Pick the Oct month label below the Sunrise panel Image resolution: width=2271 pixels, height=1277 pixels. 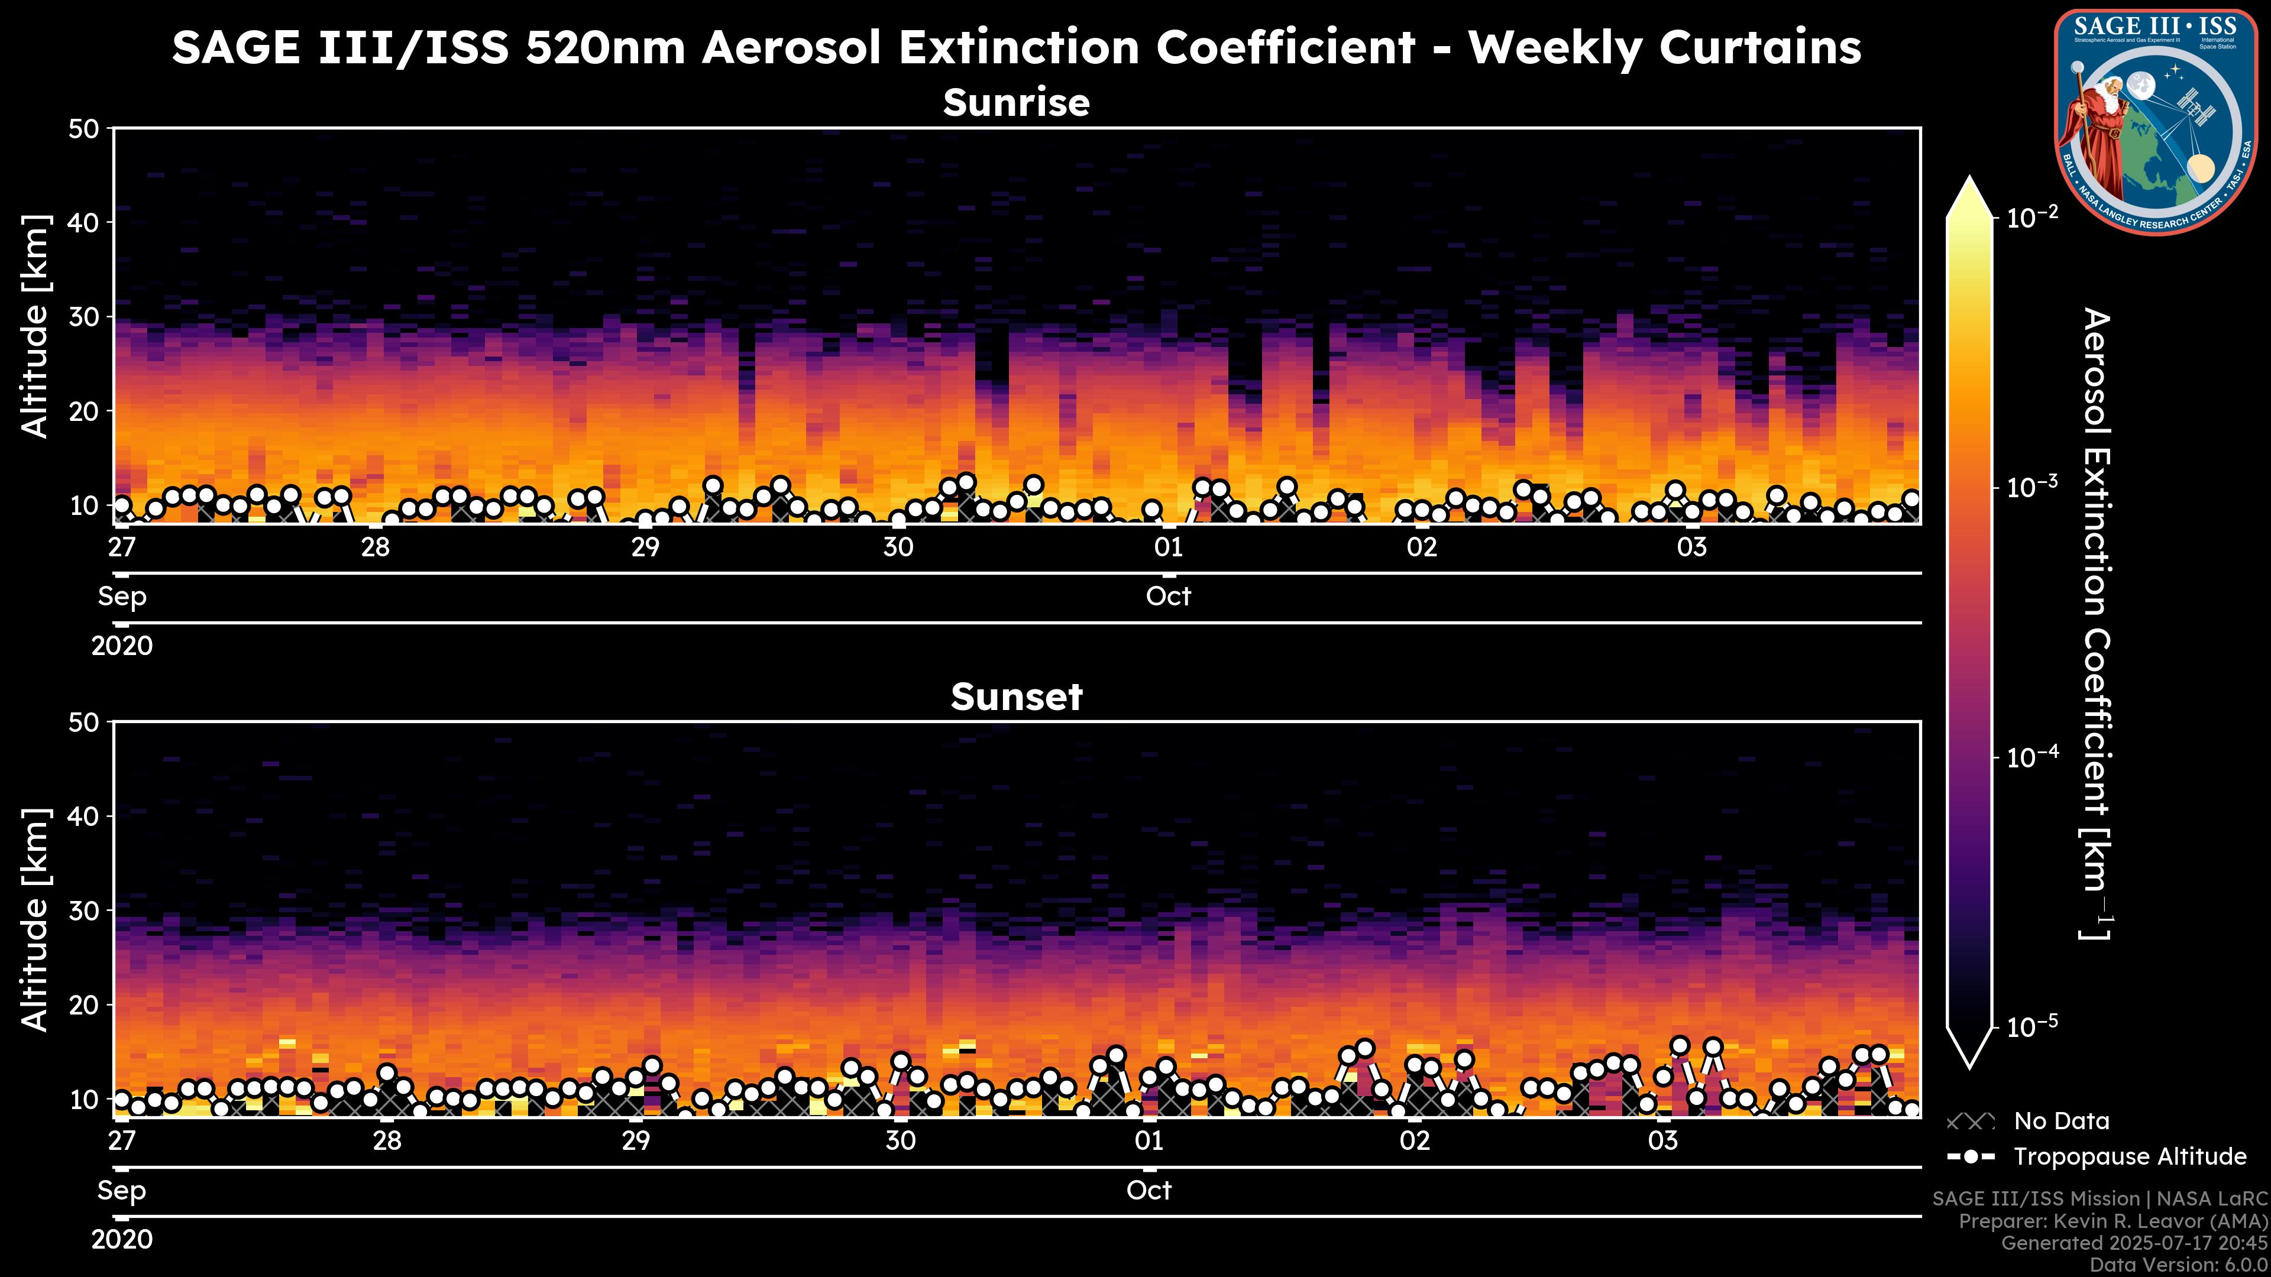tap(1168, 597)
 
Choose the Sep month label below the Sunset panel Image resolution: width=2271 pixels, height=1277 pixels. tap(122, 1191)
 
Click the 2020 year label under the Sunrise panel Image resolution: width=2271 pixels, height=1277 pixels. tap(122, 646)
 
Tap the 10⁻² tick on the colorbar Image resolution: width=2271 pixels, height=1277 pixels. tap(2033, 217)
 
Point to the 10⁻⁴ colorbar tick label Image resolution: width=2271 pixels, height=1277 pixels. tap(2033, 757)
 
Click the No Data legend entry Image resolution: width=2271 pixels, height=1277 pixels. tap(2061, 1121)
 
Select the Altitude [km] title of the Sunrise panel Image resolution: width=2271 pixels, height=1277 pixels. tap(35, 326)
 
